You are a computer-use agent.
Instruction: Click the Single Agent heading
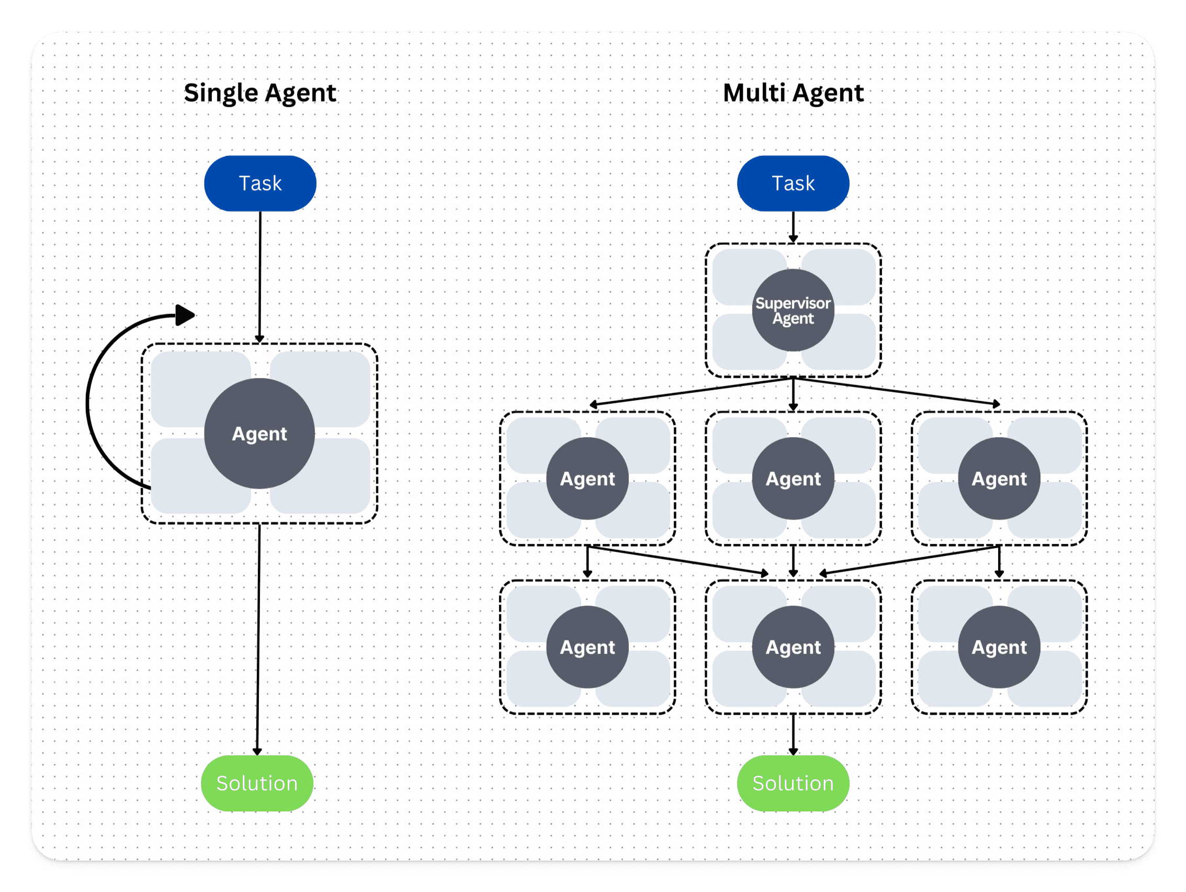coord(260,93)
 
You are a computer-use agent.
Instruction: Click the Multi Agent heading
coord(793,93)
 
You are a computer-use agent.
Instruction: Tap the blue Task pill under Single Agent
coord(260,183)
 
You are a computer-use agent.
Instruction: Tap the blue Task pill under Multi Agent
coord(793,183)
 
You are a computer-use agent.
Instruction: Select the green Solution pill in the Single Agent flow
coord(257,783)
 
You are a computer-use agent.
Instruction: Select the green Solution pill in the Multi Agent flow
coord(793,783)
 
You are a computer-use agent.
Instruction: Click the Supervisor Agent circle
coord(793,310)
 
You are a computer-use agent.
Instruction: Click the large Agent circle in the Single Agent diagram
coord(259,434)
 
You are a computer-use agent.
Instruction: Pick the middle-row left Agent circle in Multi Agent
coord(587,479)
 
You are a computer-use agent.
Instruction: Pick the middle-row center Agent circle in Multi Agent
coord(793,479)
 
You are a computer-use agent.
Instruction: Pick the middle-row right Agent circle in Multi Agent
coord(999,479)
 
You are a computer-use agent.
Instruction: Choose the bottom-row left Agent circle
coord(587,647)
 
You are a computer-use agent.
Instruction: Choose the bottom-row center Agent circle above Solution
coord(793,647)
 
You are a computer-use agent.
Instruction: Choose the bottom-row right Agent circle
coord(999,647)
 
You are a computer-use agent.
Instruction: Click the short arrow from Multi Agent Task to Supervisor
coord(793,227)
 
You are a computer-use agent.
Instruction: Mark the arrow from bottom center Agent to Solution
coord(793,735)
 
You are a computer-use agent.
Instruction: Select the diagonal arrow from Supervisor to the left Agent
coord(692,391)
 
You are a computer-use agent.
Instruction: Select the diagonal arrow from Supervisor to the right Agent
coord(896,391)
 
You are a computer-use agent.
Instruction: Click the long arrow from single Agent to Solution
coord(258,638)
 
